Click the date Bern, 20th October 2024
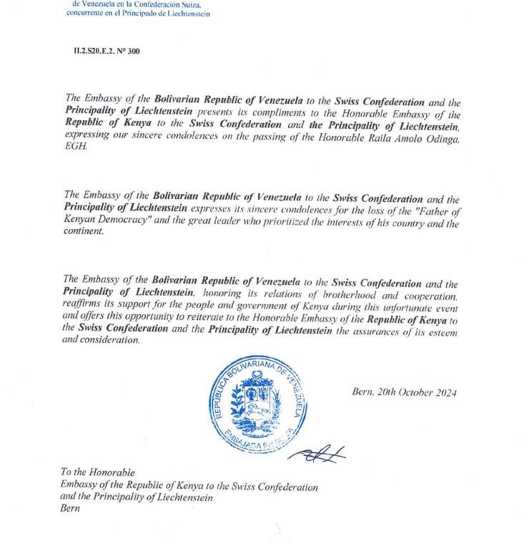404,392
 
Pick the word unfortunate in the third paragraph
397,306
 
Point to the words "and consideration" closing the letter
101,340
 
